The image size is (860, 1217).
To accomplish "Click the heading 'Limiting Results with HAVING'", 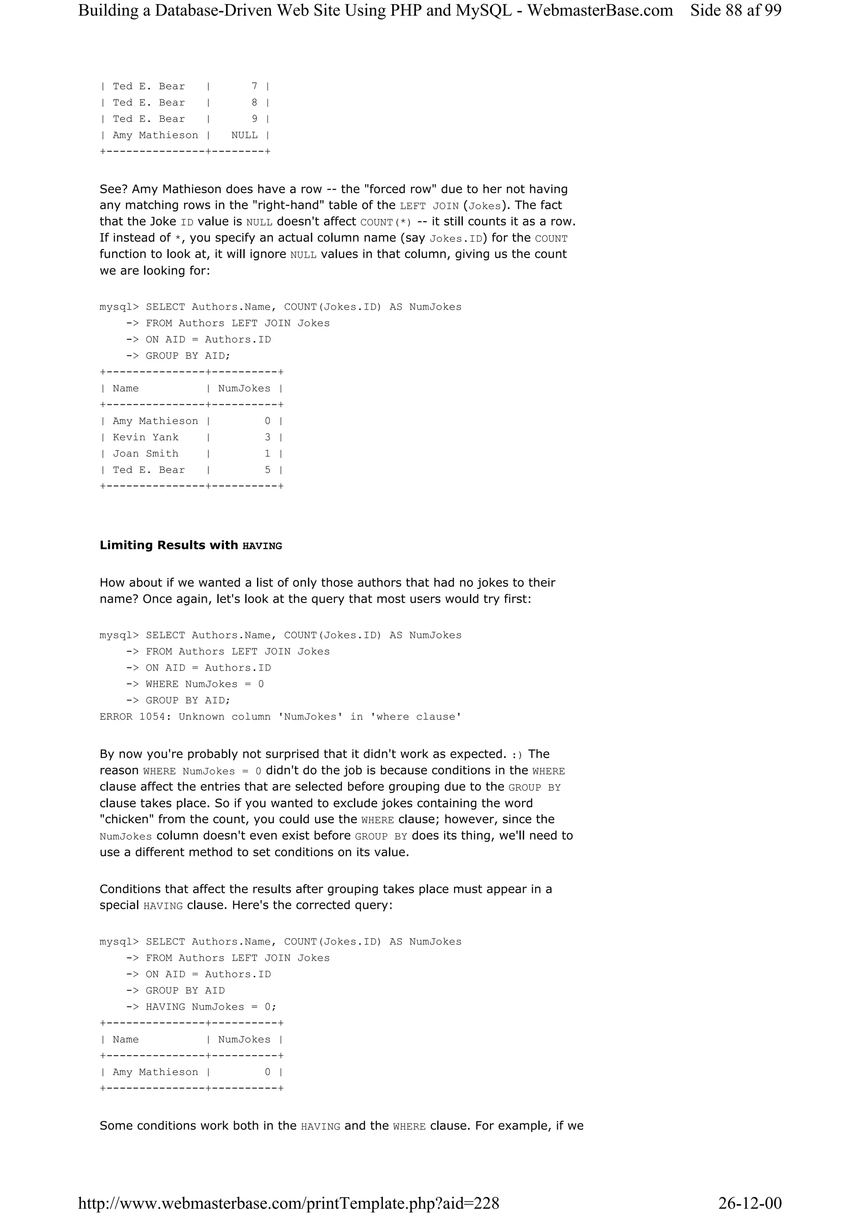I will pos(191,545).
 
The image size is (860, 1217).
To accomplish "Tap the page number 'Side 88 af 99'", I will pos(735,10).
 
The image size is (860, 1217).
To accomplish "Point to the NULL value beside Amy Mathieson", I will pos(244,135).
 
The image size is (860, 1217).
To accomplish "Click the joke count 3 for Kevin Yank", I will pos(267,437).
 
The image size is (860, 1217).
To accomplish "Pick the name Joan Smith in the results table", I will pos(146,454).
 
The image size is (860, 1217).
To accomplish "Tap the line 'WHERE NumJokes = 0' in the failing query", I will pos(205,684).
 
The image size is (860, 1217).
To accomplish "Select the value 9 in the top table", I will pos(255,119).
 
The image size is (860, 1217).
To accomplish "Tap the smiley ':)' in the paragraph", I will pos(517,754).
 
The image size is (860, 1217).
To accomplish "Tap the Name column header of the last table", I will pos(126,1039).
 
